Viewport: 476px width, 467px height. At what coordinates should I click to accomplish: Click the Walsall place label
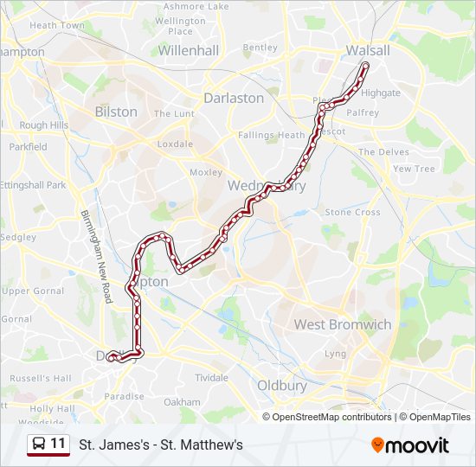tap(368, 50)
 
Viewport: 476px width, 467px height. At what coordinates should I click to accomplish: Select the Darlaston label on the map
tap(234, 98)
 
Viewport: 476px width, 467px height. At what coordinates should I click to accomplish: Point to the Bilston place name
tap(116, 112)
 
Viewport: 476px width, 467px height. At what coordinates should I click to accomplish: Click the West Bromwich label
tap(343, 324)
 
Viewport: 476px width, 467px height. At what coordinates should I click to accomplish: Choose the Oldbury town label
tap(282, 386)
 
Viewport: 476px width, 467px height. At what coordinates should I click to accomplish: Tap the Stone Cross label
tap(352, 212)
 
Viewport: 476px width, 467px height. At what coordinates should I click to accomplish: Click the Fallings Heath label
tap(272, 135)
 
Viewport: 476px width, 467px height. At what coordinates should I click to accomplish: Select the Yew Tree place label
tap(415, 169)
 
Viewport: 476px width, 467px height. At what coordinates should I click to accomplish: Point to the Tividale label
tap(211, 378)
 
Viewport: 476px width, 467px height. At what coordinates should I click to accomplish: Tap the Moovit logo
tap(410, 445)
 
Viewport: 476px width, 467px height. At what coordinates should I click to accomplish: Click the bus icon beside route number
tap(38, 445)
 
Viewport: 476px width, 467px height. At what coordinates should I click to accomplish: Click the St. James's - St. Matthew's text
tap(161, 445)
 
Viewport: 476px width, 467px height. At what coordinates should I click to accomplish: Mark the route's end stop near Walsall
tap(365, 66)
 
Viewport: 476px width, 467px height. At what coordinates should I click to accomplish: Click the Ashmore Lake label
tap(196, 6)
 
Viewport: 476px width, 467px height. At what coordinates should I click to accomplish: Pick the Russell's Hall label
tap(41, 378)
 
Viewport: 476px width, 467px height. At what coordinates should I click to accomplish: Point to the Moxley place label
tap(206, 172)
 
